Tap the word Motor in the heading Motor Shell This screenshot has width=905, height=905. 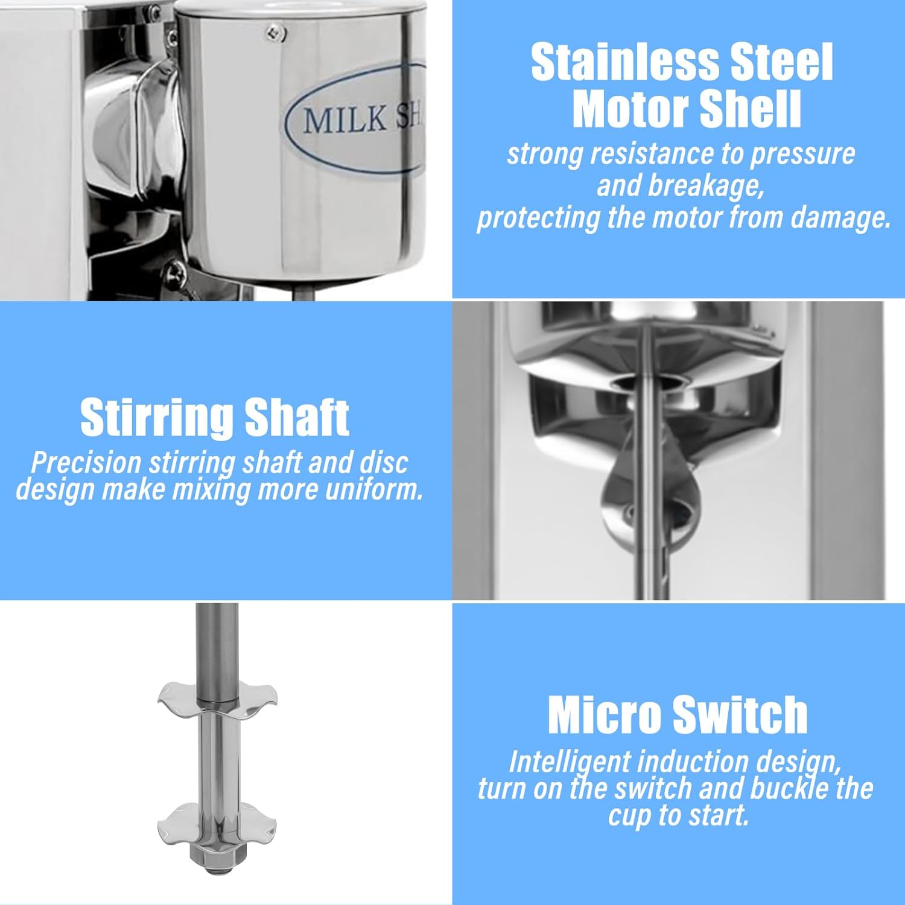coord(630,109)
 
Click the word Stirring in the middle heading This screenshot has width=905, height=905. coord(156,418)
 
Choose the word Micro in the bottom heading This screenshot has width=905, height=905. coord(604,715)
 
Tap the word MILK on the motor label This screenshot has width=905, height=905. coord(344,119)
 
